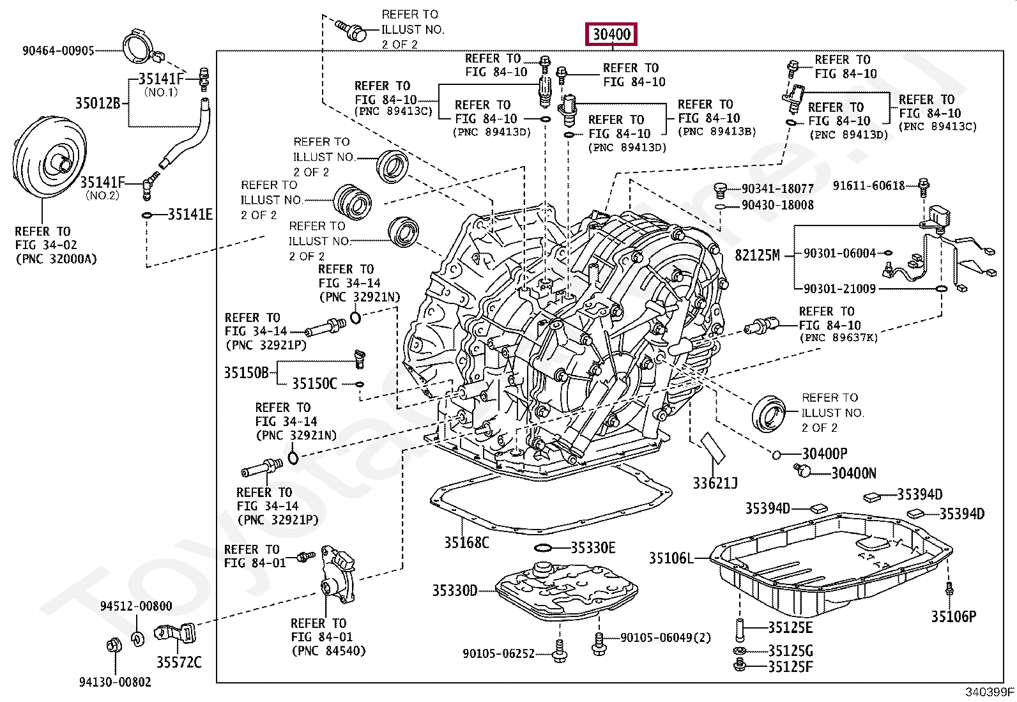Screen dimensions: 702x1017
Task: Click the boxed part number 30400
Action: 612,34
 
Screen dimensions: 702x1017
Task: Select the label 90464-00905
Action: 57,50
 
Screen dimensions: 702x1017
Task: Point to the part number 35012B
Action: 97,103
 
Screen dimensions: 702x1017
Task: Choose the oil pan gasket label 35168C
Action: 466,542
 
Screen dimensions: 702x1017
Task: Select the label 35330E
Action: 593,547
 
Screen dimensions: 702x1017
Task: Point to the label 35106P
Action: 953,616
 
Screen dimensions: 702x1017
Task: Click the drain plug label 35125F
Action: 790,666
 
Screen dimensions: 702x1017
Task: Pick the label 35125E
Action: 790,628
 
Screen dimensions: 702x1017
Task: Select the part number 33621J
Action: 715,484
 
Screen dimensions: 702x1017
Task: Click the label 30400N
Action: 853,473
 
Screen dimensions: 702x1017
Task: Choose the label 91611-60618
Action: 869,186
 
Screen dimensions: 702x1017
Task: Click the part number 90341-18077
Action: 777,189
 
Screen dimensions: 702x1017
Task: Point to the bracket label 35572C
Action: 179,662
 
